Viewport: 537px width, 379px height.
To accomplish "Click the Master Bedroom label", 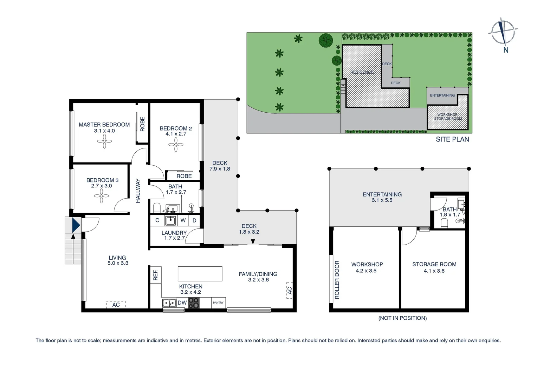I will (104, 125).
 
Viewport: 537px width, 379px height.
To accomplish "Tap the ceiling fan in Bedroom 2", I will (176, 144).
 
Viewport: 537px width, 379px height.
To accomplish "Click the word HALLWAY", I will (138, 191).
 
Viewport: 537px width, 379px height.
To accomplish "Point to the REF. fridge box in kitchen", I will (155, 274).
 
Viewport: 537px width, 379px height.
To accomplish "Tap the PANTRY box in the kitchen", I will (218, 302).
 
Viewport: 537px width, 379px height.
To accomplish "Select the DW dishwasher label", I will (182, 303).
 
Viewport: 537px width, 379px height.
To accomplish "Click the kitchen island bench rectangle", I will (200, 274).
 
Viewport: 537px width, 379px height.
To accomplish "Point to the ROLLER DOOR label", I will (337, 280).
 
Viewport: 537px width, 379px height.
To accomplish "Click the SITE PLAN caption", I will (452, 139).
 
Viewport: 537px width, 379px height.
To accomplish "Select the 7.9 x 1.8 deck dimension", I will (220, 169).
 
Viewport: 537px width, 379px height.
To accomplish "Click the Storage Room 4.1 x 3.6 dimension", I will (434, 271).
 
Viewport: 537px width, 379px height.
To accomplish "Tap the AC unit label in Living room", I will (116, 305).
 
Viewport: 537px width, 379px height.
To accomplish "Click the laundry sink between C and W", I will (170, 220).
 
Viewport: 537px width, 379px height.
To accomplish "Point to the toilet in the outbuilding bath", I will (445, 223).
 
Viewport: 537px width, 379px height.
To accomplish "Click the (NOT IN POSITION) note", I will (402, 318).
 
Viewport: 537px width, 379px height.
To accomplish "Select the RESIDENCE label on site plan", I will (362, 72).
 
